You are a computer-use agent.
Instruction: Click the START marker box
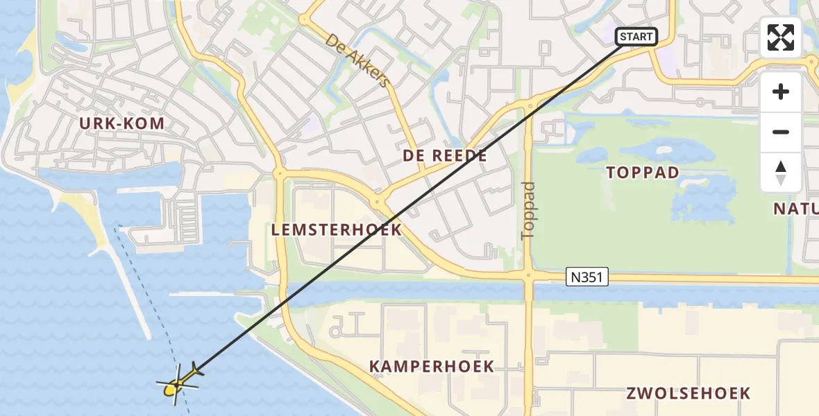[636, 36]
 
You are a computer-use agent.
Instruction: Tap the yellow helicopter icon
[179, 383]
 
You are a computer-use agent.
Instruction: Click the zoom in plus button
[781, 92]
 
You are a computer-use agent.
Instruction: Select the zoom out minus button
[781, 132]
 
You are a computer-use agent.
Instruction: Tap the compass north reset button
[781, 172]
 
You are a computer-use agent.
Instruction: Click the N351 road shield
[587, 278]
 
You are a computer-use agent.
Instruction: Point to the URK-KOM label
[122, 124]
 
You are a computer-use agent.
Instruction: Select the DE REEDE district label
[445, 156]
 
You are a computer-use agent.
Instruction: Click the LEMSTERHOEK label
[337, 229]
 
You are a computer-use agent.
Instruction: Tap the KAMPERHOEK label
[432, 366]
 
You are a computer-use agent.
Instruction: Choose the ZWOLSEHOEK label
[689, 393]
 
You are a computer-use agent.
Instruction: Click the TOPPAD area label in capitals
[643, 173]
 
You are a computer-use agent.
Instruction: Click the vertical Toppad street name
[528, 210]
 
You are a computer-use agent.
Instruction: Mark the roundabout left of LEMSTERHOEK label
[279, 173]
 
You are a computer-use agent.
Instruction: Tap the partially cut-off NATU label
[796, 209]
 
